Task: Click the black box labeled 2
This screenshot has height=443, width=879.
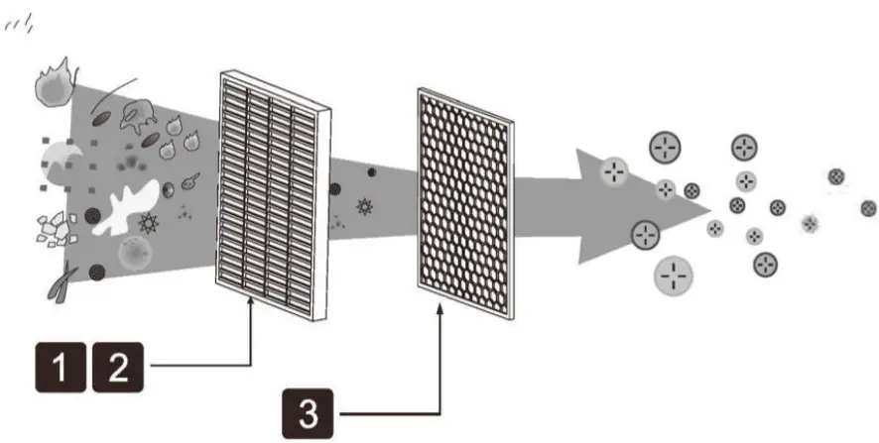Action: click(x=118, y=369)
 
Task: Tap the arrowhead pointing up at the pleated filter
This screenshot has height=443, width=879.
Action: click(x=252, y=311)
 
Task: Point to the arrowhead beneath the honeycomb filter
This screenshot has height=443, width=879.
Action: click(x=439, y=312)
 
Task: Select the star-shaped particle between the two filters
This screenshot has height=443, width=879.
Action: click(x=365, y=207)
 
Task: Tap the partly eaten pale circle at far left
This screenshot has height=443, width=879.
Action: click(x=63, y=159)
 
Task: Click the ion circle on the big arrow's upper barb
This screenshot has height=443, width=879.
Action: click(x=615, y=171)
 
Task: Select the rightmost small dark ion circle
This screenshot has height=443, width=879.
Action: click(x=869, y=208)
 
